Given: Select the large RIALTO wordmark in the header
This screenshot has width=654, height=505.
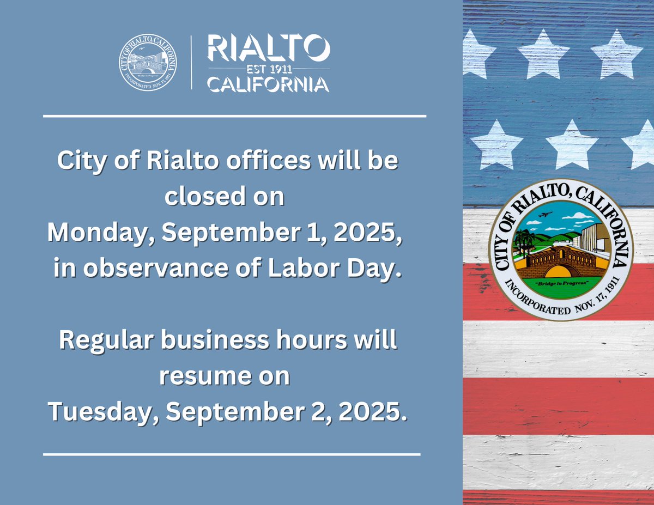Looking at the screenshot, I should pos(268,50).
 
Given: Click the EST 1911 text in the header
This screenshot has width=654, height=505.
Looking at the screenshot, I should pos(268,69).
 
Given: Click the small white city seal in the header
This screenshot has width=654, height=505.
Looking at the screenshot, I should pos(149,61).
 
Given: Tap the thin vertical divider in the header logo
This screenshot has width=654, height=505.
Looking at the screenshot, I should pos(191,62).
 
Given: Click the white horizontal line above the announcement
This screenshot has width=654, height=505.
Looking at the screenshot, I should pos(234,116).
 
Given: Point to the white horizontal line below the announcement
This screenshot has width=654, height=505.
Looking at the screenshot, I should pos(232,454).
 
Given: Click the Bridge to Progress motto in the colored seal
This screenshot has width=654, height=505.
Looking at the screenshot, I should pos(561,286).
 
